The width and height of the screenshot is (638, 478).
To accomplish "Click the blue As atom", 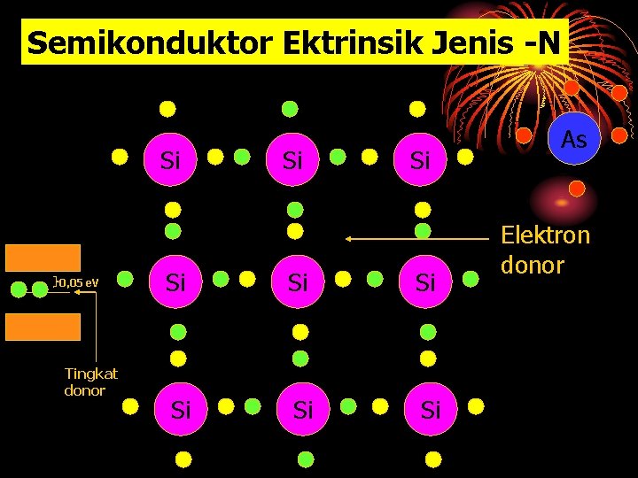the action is coord(574,139).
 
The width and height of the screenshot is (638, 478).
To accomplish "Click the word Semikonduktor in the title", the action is coord(128,42).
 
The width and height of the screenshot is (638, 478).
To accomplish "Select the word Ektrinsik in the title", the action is coord(313,42).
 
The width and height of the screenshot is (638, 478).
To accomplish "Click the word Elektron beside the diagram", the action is coord(545,235).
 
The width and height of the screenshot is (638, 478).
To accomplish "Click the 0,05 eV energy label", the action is coord(79,282).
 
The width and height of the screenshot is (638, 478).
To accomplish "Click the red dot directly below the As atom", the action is coord(577,188).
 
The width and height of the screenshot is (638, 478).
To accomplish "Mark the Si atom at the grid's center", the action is coord(299,282).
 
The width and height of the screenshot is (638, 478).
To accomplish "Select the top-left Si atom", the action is coord(171,160).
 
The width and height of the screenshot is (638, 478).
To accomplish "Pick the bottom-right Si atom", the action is coord(431,410).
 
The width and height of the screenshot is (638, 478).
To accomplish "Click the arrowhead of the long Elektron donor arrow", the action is coord(349,239).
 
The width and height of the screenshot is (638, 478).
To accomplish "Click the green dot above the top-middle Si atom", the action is coord(290,109).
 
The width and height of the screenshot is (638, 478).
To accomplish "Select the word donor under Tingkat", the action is coord(85,390).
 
